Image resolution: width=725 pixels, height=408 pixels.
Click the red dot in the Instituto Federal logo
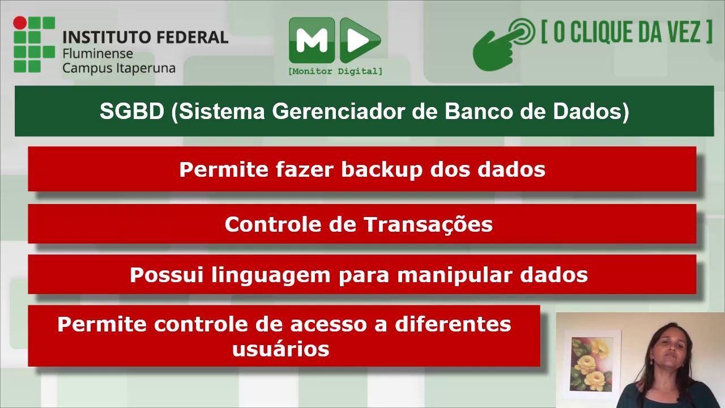click(x=20, y=23)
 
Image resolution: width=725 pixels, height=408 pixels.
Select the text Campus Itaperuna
click(x=118, y=68)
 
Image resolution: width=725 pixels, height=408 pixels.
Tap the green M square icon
click(x=312, y=40)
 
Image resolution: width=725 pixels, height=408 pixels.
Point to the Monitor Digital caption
click(x=335, y=71)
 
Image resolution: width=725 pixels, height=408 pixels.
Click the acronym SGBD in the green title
click(x=131, y=112)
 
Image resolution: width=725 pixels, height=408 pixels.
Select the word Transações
click(x=428, y=224)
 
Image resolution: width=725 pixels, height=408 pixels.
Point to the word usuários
click(x=280, y=348)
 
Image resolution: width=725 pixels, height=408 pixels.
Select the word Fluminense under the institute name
click(x=97, y=54)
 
